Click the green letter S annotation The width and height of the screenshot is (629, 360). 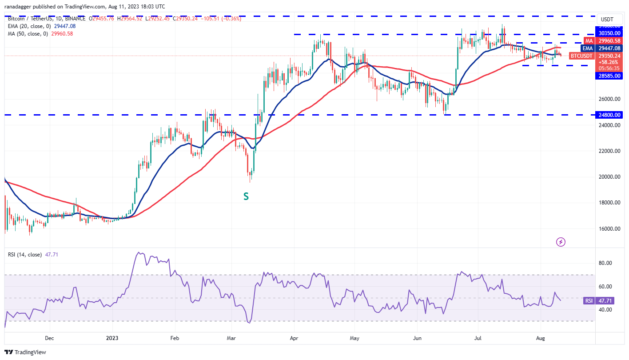point(246,196)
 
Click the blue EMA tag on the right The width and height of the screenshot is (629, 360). point(588,48)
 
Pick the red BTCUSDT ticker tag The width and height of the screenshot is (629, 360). point(581,56)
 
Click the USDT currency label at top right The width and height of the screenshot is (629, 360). point(607,20)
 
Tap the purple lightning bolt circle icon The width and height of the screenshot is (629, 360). point(561,242)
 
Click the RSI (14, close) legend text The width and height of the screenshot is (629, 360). point(25,255)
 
